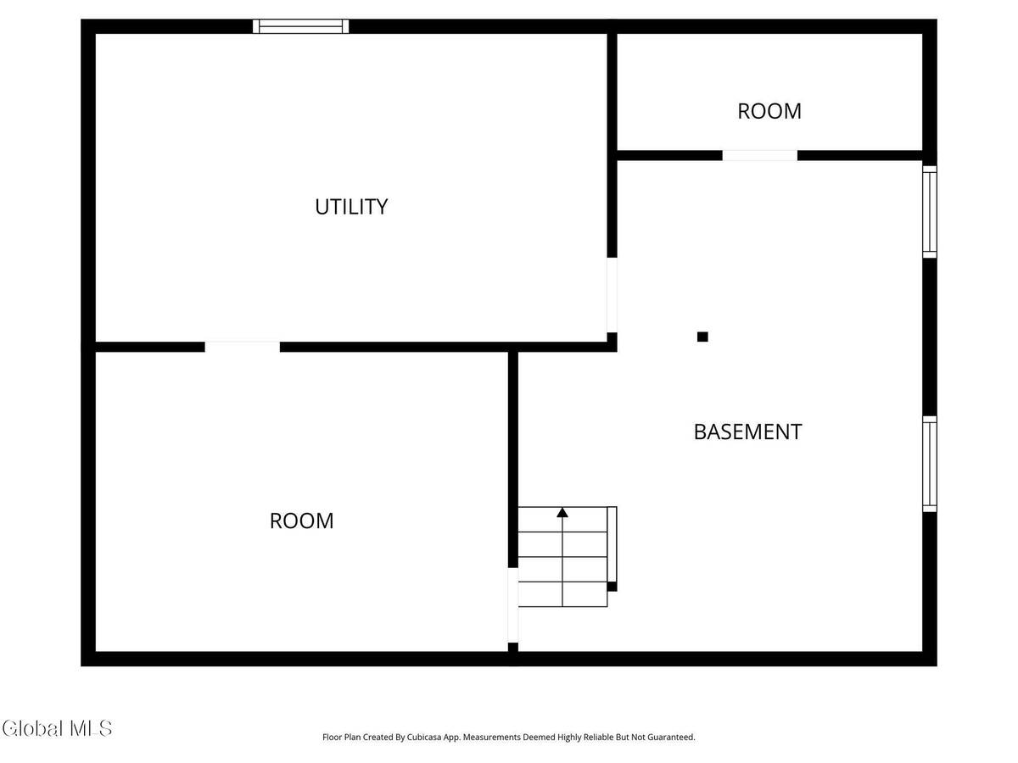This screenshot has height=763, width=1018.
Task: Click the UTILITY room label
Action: click(x=351, y=207)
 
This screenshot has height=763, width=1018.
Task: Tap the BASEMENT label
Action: click(x=747, y=432)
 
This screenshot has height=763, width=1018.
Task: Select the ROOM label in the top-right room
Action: click(x=769, y=111)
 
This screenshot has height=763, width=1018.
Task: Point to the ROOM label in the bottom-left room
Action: click(x=301, y=521)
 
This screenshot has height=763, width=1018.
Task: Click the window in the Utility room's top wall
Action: click(x=301, y=26)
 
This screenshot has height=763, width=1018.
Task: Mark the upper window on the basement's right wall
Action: click(x=930, y=212)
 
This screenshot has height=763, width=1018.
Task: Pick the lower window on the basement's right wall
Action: click(x=930, y=464)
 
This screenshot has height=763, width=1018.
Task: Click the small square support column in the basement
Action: click(x=702, y=337)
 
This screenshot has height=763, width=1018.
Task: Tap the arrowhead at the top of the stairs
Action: click(x=562, y=512)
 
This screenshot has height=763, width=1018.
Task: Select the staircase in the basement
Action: click(x=563, y=557)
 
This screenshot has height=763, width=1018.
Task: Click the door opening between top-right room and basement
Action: click(x=759, y=155)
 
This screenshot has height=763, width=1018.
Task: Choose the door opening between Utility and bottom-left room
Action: click(x=242, y=347)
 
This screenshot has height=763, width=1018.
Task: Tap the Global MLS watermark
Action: click(x=57, y=728)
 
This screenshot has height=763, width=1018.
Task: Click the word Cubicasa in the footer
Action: click(x=440, y=738)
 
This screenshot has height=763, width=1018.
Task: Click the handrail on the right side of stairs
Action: click(x=612, y=547)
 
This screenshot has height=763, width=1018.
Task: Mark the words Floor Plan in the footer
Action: click(x=341, y=738)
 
